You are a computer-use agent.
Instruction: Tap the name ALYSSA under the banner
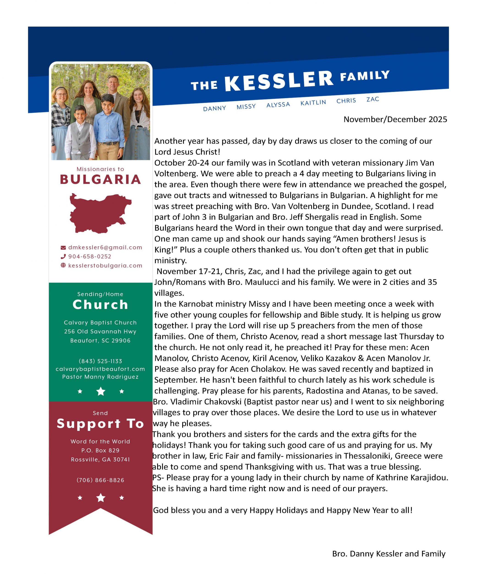278,105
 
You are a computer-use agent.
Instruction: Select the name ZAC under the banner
373,99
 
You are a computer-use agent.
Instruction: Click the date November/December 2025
395,119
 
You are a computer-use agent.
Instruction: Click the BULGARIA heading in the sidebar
100,180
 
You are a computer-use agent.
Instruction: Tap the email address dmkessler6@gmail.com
105,247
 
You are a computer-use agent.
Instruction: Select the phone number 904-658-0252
90,257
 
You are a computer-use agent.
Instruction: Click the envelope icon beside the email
63,248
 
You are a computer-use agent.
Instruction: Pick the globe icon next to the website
63,265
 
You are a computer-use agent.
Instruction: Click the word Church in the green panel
100,305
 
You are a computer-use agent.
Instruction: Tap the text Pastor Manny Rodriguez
100,377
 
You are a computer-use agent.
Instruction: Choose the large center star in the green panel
101,391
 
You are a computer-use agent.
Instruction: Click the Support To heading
100,424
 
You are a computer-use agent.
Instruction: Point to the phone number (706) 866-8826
100,480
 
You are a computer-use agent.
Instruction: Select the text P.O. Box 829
100,450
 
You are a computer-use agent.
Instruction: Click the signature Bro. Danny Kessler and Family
389,554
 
